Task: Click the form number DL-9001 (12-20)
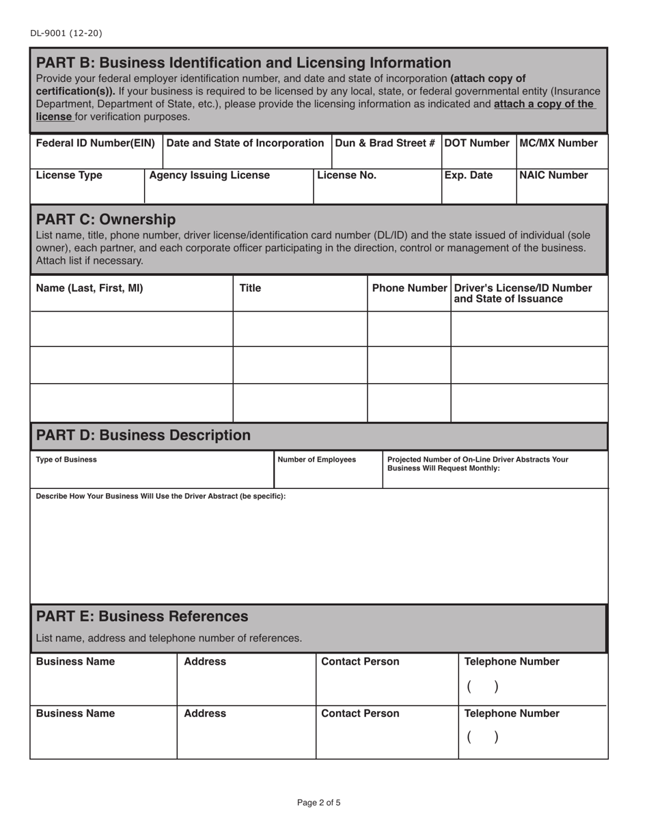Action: coord(66,33)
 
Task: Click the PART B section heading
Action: coord(243,63)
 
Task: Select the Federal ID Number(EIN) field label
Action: coord(95,143)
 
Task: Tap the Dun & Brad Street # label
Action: coord(385,143)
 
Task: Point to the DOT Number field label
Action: coord(478,143)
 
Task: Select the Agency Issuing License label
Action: coord(209,176)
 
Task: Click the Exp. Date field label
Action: coord(468,176)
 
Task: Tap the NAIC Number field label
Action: coord(553,176)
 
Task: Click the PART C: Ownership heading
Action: coord(105,219)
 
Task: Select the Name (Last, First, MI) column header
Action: coord(89,288)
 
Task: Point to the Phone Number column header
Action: coord(409,288)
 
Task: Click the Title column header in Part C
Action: coord(250,288)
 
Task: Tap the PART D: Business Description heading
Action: coord(143,436)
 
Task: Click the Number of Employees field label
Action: coord(316,460)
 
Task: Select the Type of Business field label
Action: coord(66,460)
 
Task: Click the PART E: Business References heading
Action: coord(142,617)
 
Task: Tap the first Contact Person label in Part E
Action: coord(360,662)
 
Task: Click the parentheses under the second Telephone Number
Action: coord(482,738)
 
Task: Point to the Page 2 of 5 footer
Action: coord(318,803)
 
